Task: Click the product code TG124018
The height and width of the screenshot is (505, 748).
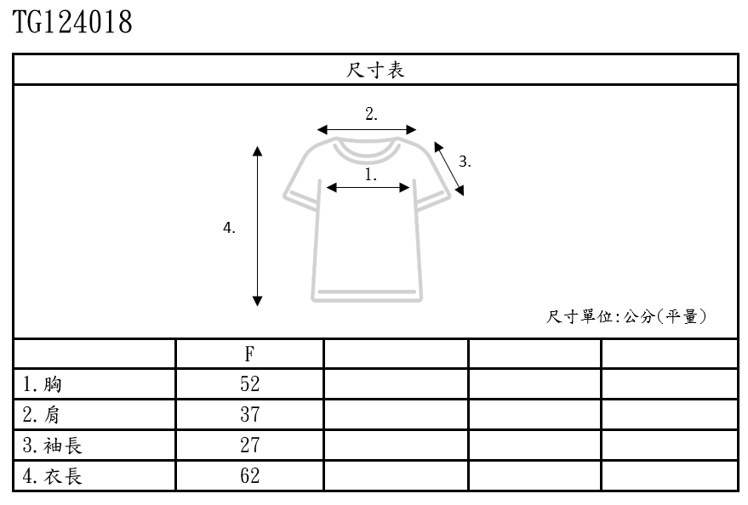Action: coord(72,22)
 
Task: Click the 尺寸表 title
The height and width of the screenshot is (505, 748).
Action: coord(375,70)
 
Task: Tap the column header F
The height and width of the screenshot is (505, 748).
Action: coord(249,355)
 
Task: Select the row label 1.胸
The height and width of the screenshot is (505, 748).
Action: coord(43,385)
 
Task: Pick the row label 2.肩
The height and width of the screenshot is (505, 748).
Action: coord(43,415)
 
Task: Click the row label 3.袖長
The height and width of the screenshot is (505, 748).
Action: coord(53,445)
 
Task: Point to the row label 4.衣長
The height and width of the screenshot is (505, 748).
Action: coord(53,476)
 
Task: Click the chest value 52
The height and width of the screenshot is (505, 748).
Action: coord(249,384)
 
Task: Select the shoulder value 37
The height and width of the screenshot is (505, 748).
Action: coord(249,415)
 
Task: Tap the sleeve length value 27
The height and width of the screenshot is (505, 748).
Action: coord(249,445)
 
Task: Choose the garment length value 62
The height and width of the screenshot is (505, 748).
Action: coord(249,476)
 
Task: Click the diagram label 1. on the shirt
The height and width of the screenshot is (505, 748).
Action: coord(371,175)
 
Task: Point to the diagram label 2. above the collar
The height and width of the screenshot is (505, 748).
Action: coord(371,115)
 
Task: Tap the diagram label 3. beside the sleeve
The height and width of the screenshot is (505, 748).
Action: coord(465,162)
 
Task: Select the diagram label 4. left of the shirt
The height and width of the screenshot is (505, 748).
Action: coord(229,228)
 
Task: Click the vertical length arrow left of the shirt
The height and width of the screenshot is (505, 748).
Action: coord(258,226)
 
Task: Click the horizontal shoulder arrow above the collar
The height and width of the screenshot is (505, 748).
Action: coord(367,130)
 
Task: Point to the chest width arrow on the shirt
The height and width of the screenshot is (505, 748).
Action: coord(368,188)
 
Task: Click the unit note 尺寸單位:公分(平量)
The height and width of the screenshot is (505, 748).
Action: coord(627,317)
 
